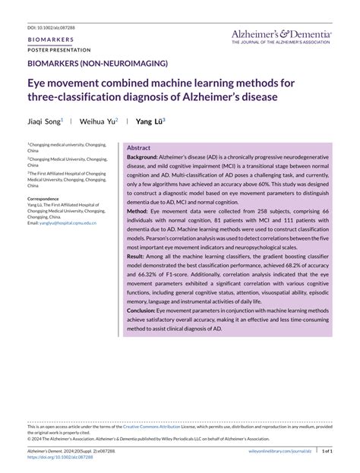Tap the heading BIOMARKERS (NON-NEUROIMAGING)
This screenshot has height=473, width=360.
[x=97, y=64]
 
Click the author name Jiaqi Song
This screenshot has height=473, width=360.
[x=44, y=120]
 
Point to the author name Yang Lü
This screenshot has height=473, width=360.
[x=149, y=120]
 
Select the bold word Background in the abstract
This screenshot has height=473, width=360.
[x=143, y=156]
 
